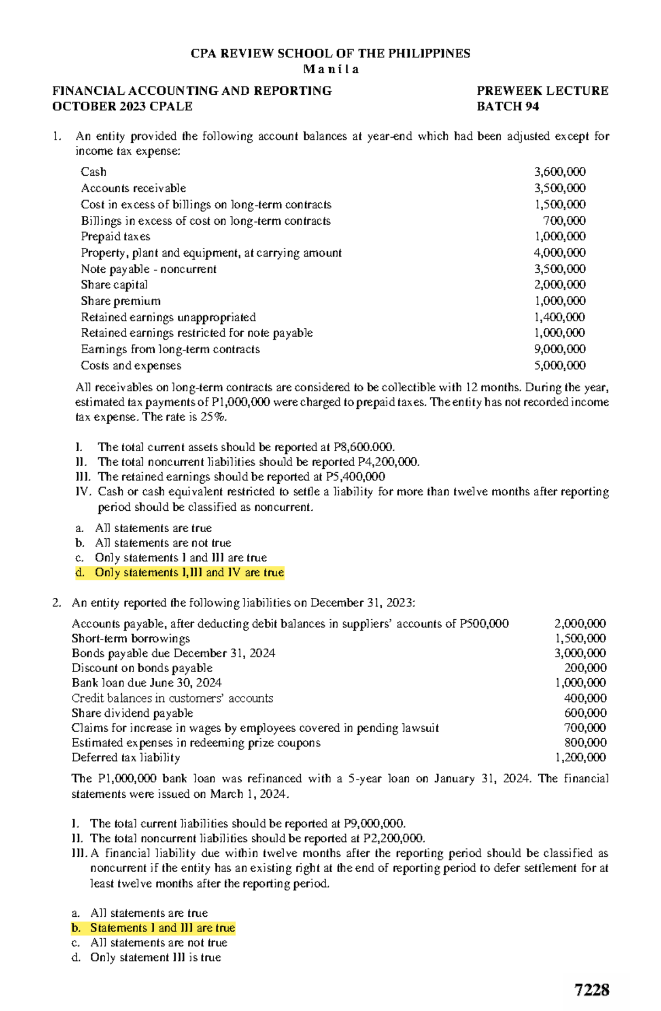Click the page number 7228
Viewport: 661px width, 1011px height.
(x=592, y=990)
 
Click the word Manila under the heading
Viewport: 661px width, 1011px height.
(x=331, y=69)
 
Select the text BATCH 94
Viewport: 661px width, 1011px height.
(x=507, y=106)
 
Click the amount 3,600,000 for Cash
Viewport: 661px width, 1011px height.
(x=560, y=172)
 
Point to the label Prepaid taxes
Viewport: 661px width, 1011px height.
(x=115, y=237)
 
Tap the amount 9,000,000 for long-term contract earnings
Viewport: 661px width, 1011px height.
(x=560, y=349)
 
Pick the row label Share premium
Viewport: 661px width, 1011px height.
(x=121, y=301)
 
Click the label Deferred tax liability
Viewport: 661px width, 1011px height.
(x=126, y=758)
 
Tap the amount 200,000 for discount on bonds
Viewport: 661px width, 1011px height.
(x=585, y=668)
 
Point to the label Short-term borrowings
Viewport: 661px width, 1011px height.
(x=131, y=639)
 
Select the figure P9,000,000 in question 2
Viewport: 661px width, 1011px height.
(x=374, y=824)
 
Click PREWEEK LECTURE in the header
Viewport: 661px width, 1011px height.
(x=542, y=91)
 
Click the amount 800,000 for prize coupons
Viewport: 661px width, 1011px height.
(x=585, y=743)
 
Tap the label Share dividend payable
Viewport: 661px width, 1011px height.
(x=132, y=713)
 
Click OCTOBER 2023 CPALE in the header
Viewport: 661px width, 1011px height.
(x=122, y=106)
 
